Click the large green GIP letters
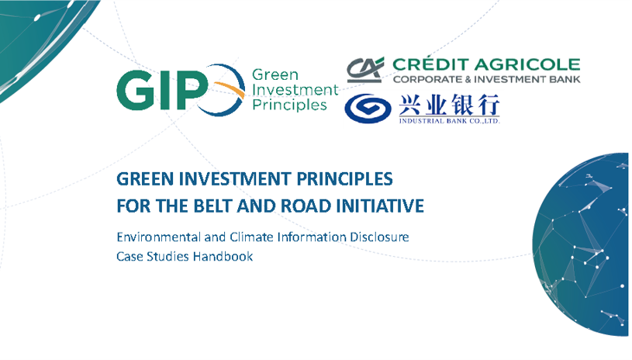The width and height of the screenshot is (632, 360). [x=162, y=90]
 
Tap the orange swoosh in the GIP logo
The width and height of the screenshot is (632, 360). [x=230, y=88]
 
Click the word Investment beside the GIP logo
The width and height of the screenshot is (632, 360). [x=295, y=89]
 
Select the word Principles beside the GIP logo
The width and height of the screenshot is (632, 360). [x=289, y=105]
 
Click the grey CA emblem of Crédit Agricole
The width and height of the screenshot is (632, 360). [x=365, y=69]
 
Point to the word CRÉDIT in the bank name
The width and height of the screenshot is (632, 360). [x=430, y=64]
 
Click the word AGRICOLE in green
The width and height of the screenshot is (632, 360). [x=527, y=64]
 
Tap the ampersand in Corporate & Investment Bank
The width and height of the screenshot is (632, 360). [x=468, y=79]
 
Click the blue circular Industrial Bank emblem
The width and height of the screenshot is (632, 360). [x=368, y=108]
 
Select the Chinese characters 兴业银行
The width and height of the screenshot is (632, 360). [x=449, y=105]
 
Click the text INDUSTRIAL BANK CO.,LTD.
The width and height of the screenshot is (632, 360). [x=449, y=120]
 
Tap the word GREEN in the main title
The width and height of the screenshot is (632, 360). [x=145, y=179]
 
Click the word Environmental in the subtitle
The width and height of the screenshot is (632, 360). [x=158, y=237]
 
